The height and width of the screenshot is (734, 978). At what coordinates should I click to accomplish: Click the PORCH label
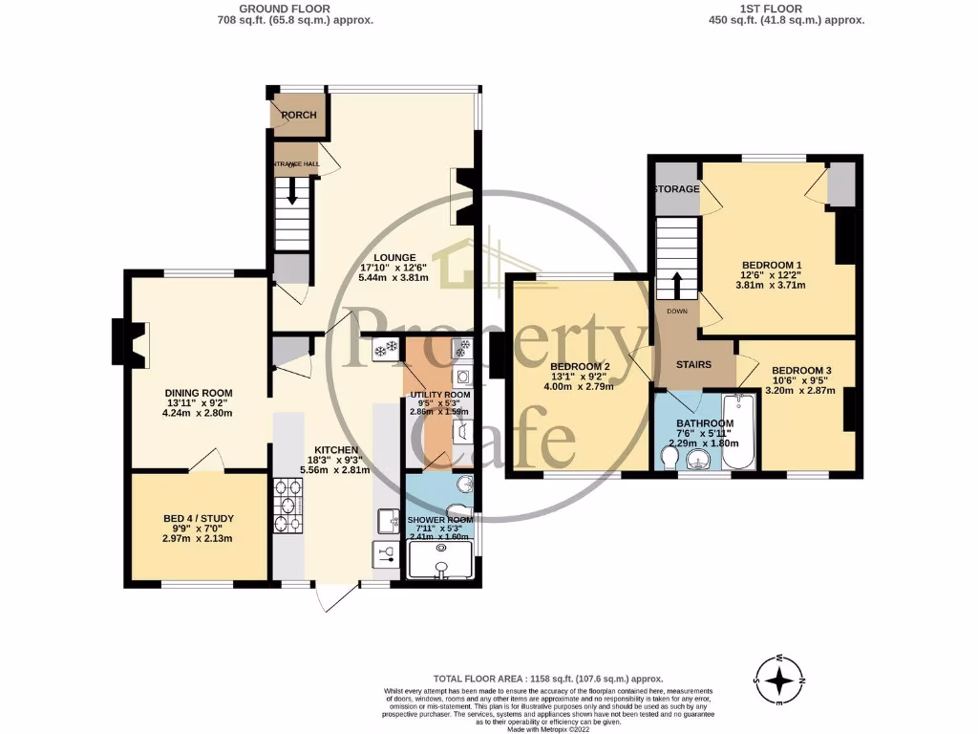(298, 116)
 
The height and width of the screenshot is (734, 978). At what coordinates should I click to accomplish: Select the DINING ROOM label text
(199, 393)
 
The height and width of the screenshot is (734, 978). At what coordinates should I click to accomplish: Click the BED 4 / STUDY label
(199, 519)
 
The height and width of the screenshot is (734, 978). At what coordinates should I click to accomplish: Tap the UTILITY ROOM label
(439, 395)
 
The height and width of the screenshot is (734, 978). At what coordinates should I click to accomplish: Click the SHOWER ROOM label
(440, 520)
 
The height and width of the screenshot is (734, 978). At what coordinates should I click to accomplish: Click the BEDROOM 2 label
(580, 366)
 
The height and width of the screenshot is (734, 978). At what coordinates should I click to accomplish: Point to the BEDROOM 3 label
(801, 371)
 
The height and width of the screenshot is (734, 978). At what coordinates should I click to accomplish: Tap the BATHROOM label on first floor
(705, 423)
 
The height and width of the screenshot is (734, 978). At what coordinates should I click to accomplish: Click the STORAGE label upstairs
(676, 189)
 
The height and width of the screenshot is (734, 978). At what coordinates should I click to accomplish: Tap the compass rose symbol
(781, 680)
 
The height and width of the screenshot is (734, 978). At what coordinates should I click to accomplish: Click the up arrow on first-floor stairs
(676, 286)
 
